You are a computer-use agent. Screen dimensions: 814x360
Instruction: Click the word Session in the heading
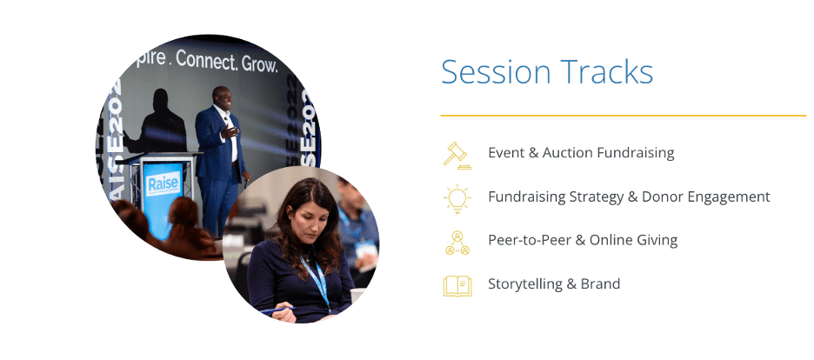[x=495, y=72]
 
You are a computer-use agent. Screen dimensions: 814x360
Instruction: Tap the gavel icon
[x=457, y=155]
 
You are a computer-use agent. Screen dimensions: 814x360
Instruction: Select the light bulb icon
[x=457, y=198]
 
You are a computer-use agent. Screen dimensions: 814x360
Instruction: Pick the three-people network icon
[x=457, y=243]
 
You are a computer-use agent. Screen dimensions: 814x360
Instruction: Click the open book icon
[x=457, y=286]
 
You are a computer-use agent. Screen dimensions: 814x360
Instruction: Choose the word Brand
[x=603, y=283]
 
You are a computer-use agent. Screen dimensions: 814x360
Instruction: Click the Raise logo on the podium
[x=163, y=184]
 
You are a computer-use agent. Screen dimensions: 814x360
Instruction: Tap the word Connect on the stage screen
[x=207, y=60]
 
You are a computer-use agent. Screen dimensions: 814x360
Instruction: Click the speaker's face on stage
[x=223, y=98]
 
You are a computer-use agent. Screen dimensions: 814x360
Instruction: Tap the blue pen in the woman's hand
[x=277, y=310]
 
